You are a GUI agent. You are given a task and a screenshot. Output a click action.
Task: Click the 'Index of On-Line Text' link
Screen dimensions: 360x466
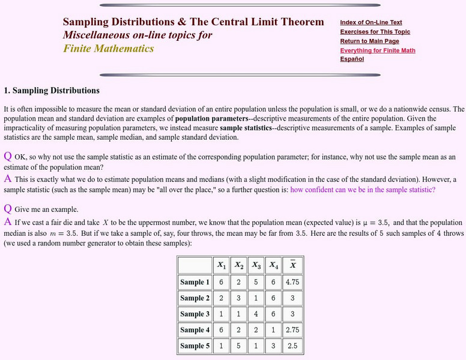[371, 22]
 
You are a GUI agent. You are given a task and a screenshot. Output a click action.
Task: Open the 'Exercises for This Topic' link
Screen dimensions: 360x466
[375, 32]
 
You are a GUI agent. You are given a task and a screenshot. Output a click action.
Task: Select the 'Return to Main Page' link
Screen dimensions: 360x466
[369, 41]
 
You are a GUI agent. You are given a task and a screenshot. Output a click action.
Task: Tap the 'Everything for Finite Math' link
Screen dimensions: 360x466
[377, 50]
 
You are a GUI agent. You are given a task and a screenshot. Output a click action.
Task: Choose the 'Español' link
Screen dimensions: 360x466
[352, 59]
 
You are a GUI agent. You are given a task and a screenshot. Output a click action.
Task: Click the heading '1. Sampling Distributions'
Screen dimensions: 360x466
[52, 91]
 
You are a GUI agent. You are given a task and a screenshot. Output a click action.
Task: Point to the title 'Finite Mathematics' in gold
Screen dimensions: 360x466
[109, 48]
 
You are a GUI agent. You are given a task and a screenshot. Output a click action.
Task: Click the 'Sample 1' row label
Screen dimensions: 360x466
[195, 282]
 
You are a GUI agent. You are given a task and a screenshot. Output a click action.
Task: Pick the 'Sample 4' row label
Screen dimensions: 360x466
[195, 329]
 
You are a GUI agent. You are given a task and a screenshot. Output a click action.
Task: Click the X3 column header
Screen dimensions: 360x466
[256, 265]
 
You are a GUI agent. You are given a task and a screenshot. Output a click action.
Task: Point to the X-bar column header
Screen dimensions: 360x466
[292, 265]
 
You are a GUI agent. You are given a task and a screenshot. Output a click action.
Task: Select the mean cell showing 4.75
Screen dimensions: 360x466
[292, 282]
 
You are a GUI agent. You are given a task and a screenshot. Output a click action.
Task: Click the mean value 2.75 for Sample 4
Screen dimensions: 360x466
[292, 329]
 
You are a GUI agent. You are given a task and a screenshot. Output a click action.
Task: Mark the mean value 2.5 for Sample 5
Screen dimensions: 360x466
[292, 346]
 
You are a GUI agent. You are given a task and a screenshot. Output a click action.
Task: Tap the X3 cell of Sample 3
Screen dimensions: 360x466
[256, 314]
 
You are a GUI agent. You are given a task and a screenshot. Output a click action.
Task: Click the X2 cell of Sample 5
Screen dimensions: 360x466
[239, 346]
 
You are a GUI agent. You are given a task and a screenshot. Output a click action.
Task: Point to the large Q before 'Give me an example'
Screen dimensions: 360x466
[8, 209]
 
